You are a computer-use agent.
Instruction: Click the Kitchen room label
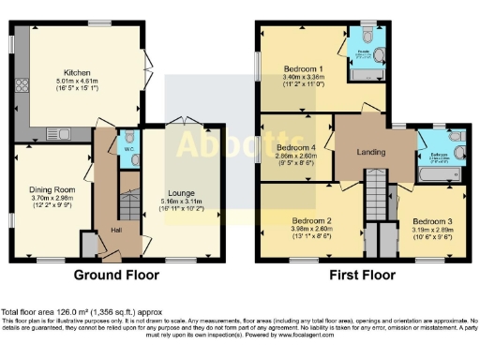click(x=77, y=72)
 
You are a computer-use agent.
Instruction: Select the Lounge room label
click(x=181, y=192)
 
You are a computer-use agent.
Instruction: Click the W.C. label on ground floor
click(x=127, y=145)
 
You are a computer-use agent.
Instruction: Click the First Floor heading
click(x=361, y=276)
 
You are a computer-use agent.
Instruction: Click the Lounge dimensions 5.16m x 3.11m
click(x=181, y=202)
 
